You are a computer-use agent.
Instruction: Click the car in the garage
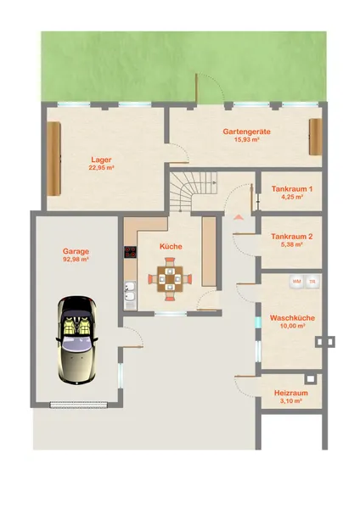[x=77, y=340]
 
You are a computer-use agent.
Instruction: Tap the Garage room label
[x=76, y=251]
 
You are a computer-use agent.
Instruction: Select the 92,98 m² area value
[x=76, y=260]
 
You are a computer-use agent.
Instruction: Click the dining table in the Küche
[x=170, y=279]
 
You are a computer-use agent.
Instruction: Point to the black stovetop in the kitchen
[x=130, y=252]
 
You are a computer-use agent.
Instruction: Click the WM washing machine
[x=296, y=282]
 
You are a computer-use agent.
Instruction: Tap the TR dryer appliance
[x=312, y=282]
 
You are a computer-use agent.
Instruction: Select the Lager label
[x=101, y=159]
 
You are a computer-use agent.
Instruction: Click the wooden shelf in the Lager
[x=53, y=159]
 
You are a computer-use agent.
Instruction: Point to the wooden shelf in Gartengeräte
[x=316, y=137]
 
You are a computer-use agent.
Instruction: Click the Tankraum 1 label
[x=292, y=188]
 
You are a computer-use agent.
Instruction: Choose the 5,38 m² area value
[x=292, y=244]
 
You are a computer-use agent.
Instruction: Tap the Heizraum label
[x=291, y=393]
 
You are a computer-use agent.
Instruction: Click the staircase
[x=192, y=192]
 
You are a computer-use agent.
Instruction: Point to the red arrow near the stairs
[x=238, y=217]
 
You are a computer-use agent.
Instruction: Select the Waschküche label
[x=292, y=318]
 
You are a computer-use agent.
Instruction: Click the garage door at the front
[x=78, y=405]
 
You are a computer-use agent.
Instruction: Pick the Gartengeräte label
[x=246, y=131]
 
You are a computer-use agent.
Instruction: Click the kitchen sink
[x=130, y=291]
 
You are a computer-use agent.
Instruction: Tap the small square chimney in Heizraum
[x=311, y=378]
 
